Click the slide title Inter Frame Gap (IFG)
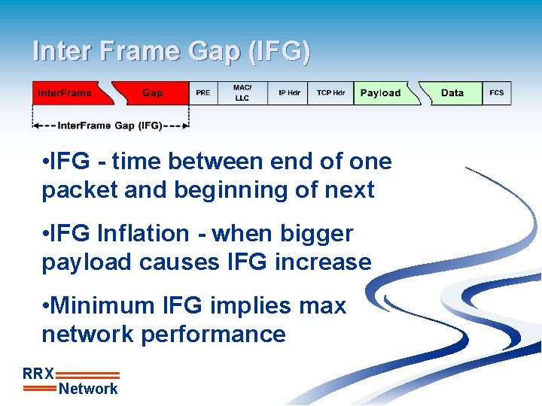[171, 51]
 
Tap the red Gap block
[153, 93]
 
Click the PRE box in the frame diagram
[202, 93]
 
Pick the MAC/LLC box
[242, 93]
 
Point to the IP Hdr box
[289, 93]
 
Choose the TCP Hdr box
[330, 93]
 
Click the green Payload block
[380, 93]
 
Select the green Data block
[452, 93]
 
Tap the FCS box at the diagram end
[497, 93]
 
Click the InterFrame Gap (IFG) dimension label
[110, 126]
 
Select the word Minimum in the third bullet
[104, 306]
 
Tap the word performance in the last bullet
[213, 335]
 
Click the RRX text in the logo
[38, 374]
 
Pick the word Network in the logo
[88, 389]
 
